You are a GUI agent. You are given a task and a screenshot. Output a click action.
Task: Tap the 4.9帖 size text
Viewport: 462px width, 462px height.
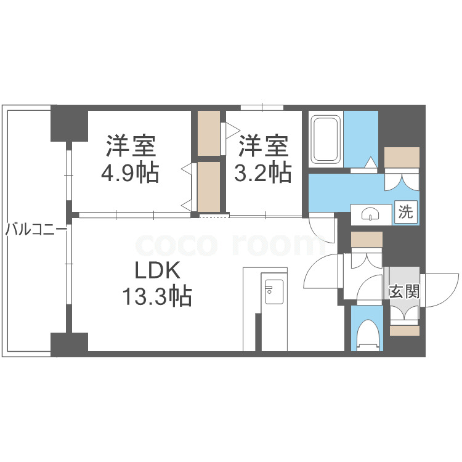pyautogui.click(x=131, y=174)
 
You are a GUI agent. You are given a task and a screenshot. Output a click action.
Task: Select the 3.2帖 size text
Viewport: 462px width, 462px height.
pyautogui.click(x=263, y=174)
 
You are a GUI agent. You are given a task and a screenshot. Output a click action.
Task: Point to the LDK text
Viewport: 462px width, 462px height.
pyautogui.click(x=156, y=271)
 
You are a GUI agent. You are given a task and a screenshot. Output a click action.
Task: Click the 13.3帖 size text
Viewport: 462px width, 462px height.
pyautogui.click(x=156, y=298)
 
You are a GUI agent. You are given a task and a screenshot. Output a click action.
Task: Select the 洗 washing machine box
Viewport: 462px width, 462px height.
pyautogui.click(x=405, y=213)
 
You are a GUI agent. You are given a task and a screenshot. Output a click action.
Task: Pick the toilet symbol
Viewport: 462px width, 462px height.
pyautogui.click(x=369, y=334)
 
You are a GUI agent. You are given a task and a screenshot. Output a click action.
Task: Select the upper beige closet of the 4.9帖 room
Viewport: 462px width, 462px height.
pyautogui.click(x=209, y=132)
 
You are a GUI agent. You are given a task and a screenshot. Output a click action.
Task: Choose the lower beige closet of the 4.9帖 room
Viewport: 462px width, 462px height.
pyautogui.click(x=209, y=185)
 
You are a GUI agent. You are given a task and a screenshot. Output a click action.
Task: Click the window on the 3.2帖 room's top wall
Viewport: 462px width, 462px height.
pyautogui.click(x=262, y=108)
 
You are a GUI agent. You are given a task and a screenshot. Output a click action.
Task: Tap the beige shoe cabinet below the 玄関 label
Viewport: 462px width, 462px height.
pyautogui.click(x=404, y=330)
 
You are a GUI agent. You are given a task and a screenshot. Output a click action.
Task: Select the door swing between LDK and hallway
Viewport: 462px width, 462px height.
pyautogui.click(x=322, y=271)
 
